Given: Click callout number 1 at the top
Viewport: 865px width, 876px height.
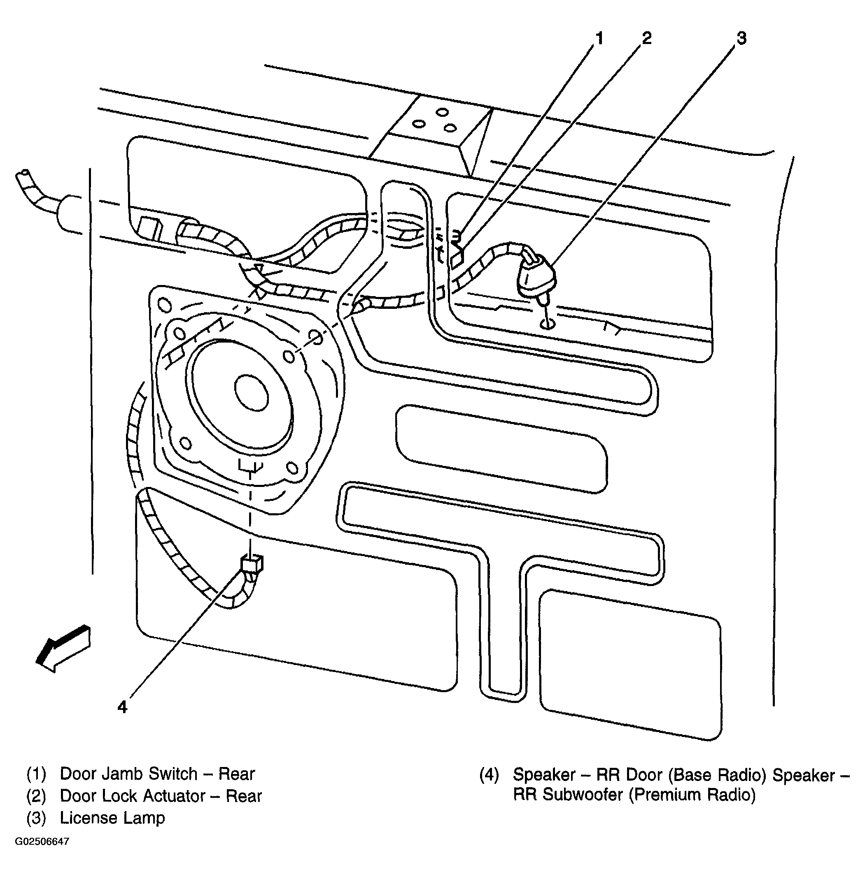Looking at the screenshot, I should pyautogui.click(x=599, y=39).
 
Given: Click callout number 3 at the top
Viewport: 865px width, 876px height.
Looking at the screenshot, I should pyautogui.click(x=741, y=39).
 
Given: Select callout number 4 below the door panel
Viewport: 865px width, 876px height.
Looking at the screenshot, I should pyautogui.click(x=123, y=707).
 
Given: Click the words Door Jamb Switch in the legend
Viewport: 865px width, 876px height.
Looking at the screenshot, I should pyautogui.click(x=128, y=774).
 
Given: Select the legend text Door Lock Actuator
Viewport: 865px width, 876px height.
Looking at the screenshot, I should pyautogui.click(x=133, y=796).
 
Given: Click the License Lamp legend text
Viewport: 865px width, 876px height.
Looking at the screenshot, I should pyautogui.click(x=112, y=818).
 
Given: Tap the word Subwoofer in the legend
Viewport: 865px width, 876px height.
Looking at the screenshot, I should pyautogui.click(x=583, y=795).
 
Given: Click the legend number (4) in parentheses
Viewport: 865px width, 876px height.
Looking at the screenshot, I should pyautogui.click(x=489, y=774).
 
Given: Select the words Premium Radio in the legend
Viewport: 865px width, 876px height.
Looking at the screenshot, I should pyautogui.click(x=692, y=795).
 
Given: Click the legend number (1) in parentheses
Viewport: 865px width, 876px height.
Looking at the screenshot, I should pyautogui.click(x=36, y=774).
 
